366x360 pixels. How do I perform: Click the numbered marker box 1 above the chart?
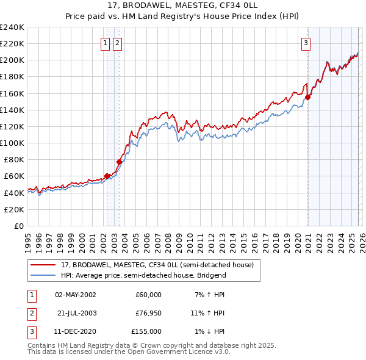point(106,43)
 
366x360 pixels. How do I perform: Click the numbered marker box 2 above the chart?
point(117,43)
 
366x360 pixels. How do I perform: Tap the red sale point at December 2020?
point(308,97)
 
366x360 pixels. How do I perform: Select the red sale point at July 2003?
point(120,162)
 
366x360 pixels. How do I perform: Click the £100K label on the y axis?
point(13,143)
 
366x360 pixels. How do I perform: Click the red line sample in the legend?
point(44,265)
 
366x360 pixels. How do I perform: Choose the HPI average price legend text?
point(143,275)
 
